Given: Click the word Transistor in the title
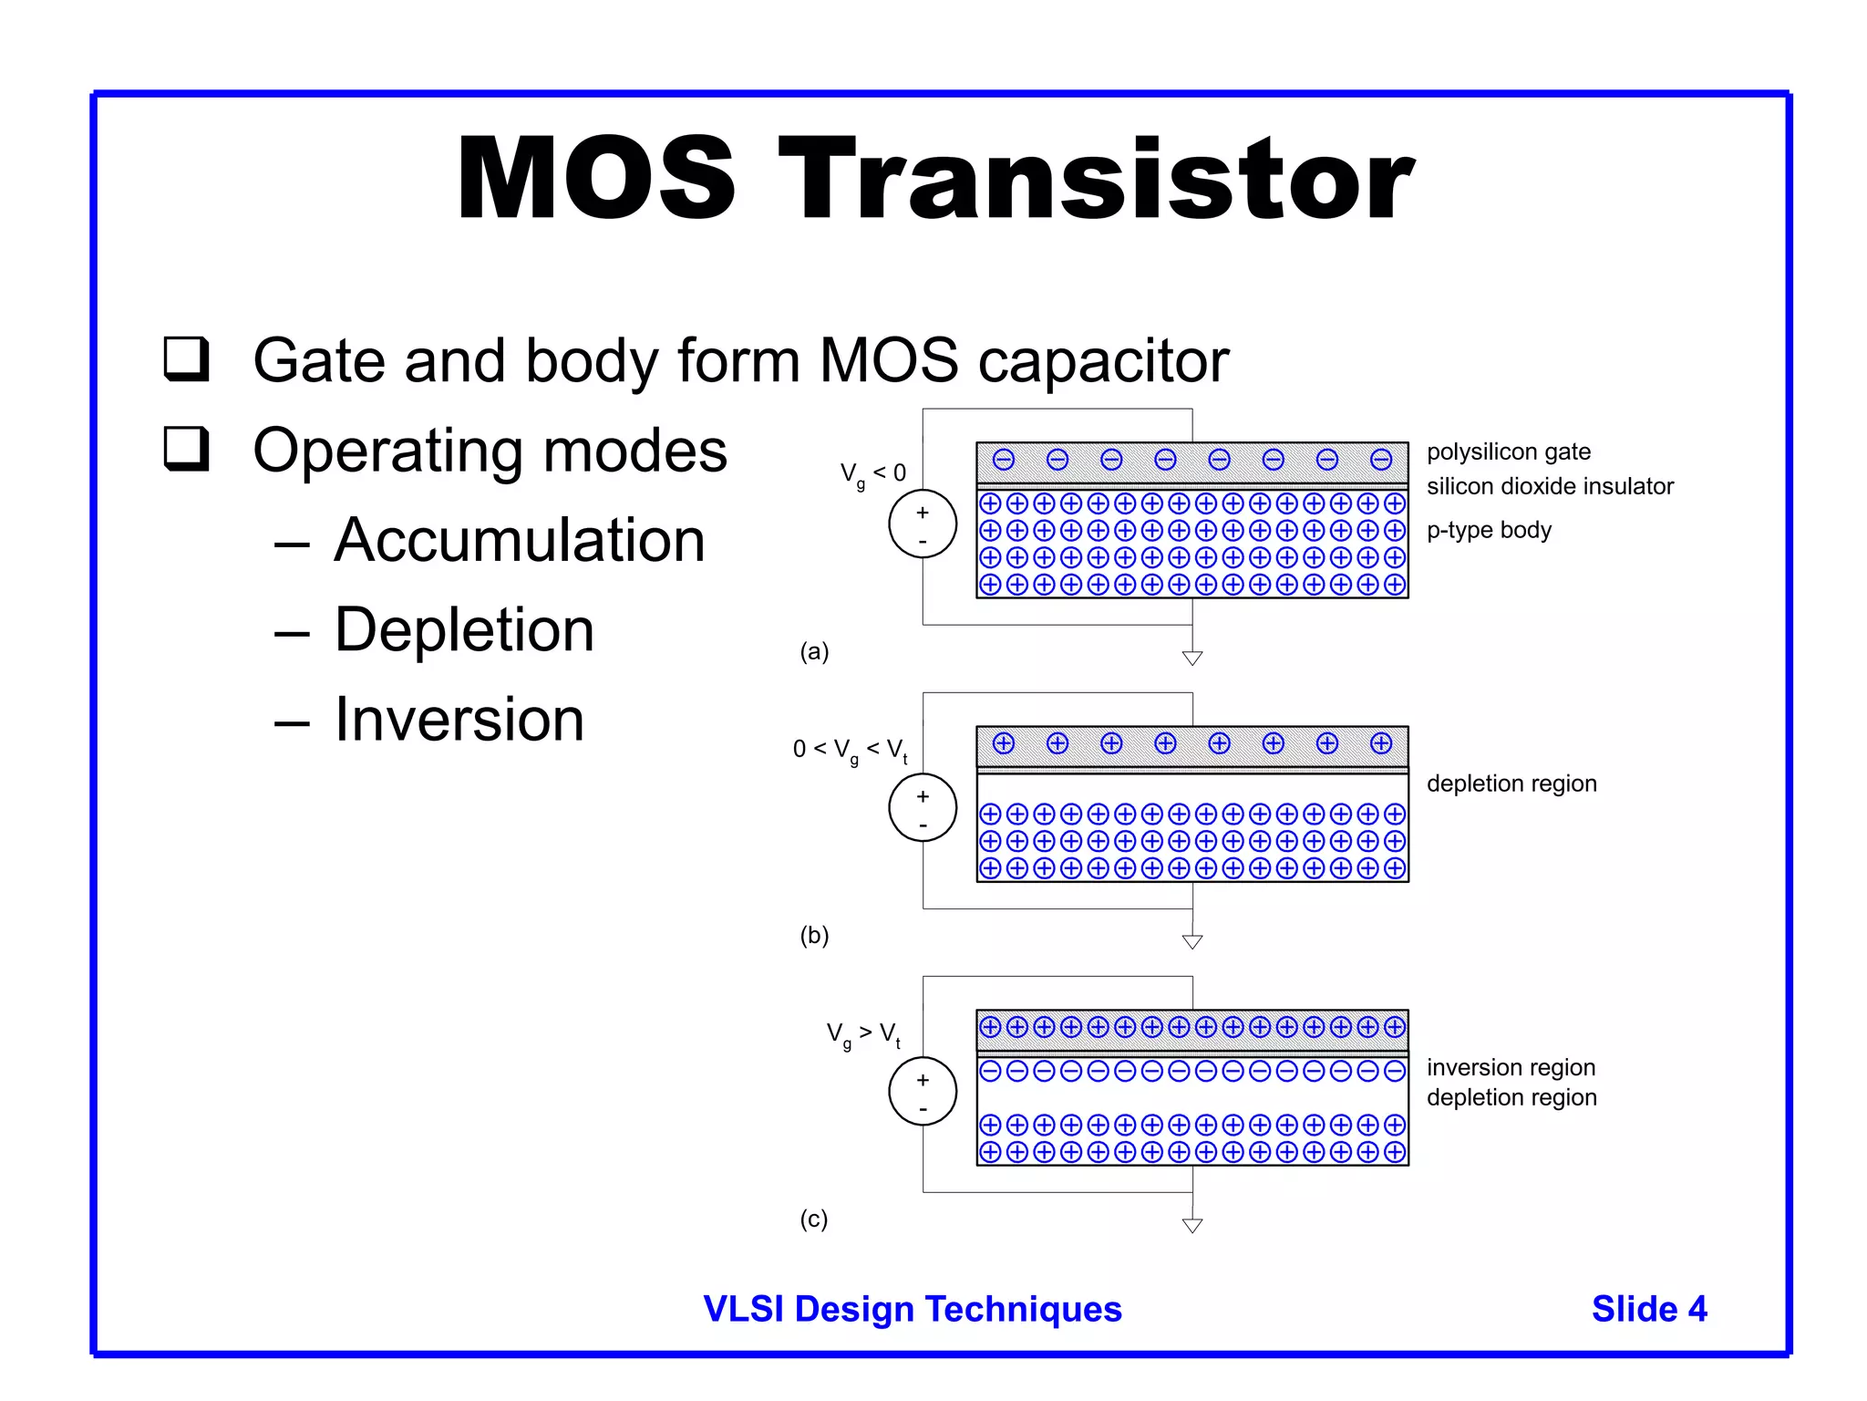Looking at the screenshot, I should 1096,179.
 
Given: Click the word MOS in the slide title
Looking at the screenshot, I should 596,179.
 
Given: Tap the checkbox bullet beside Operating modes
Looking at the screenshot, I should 187,449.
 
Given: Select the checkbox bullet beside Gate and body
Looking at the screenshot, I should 187,358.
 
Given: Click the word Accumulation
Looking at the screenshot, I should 520,540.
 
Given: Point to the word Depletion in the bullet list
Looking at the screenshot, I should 464,630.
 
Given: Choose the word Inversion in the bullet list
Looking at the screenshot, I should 459,720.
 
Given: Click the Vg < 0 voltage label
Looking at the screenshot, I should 872,473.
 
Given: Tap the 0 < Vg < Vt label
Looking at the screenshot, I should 850,751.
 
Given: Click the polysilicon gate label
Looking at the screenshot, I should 1508,451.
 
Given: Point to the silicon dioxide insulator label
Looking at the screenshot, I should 1550,486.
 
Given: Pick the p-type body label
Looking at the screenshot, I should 1489,530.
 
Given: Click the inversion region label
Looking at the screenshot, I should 1511,1067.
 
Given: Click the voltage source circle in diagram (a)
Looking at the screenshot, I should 923,524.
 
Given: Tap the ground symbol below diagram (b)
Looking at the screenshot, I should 1192,941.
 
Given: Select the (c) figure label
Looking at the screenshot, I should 814,1219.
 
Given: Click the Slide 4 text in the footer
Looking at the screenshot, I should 1649,1309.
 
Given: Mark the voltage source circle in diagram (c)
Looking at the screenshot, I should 923,1092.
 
